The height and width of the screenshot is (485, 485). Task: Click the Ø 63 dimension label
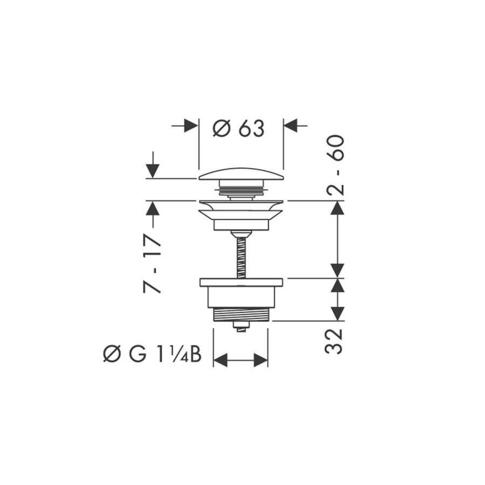point(239,128)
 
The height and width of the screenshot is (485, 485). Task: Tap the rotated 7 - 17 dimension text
point(153,264)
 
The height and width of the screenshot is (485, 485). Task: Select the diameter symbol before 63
point(221,128)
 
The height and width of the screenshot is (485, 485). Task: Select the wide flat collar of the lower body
point(241,282)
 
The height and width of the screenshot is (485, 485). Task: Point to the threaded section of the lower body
point(241,315)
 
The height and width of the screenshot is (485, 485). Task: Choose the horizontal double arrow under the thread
point(241,360)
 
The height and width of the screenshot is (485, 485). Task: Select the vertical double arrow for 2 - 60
point(337,239)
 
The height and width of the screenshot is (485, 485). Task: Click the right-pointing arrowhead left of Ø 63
point(190,126)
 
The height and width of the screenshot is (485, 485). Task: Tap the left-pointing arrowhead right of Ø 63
point(291,126)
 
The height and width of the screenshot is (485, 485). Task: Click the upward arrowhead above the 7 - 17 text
point(153,209)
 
